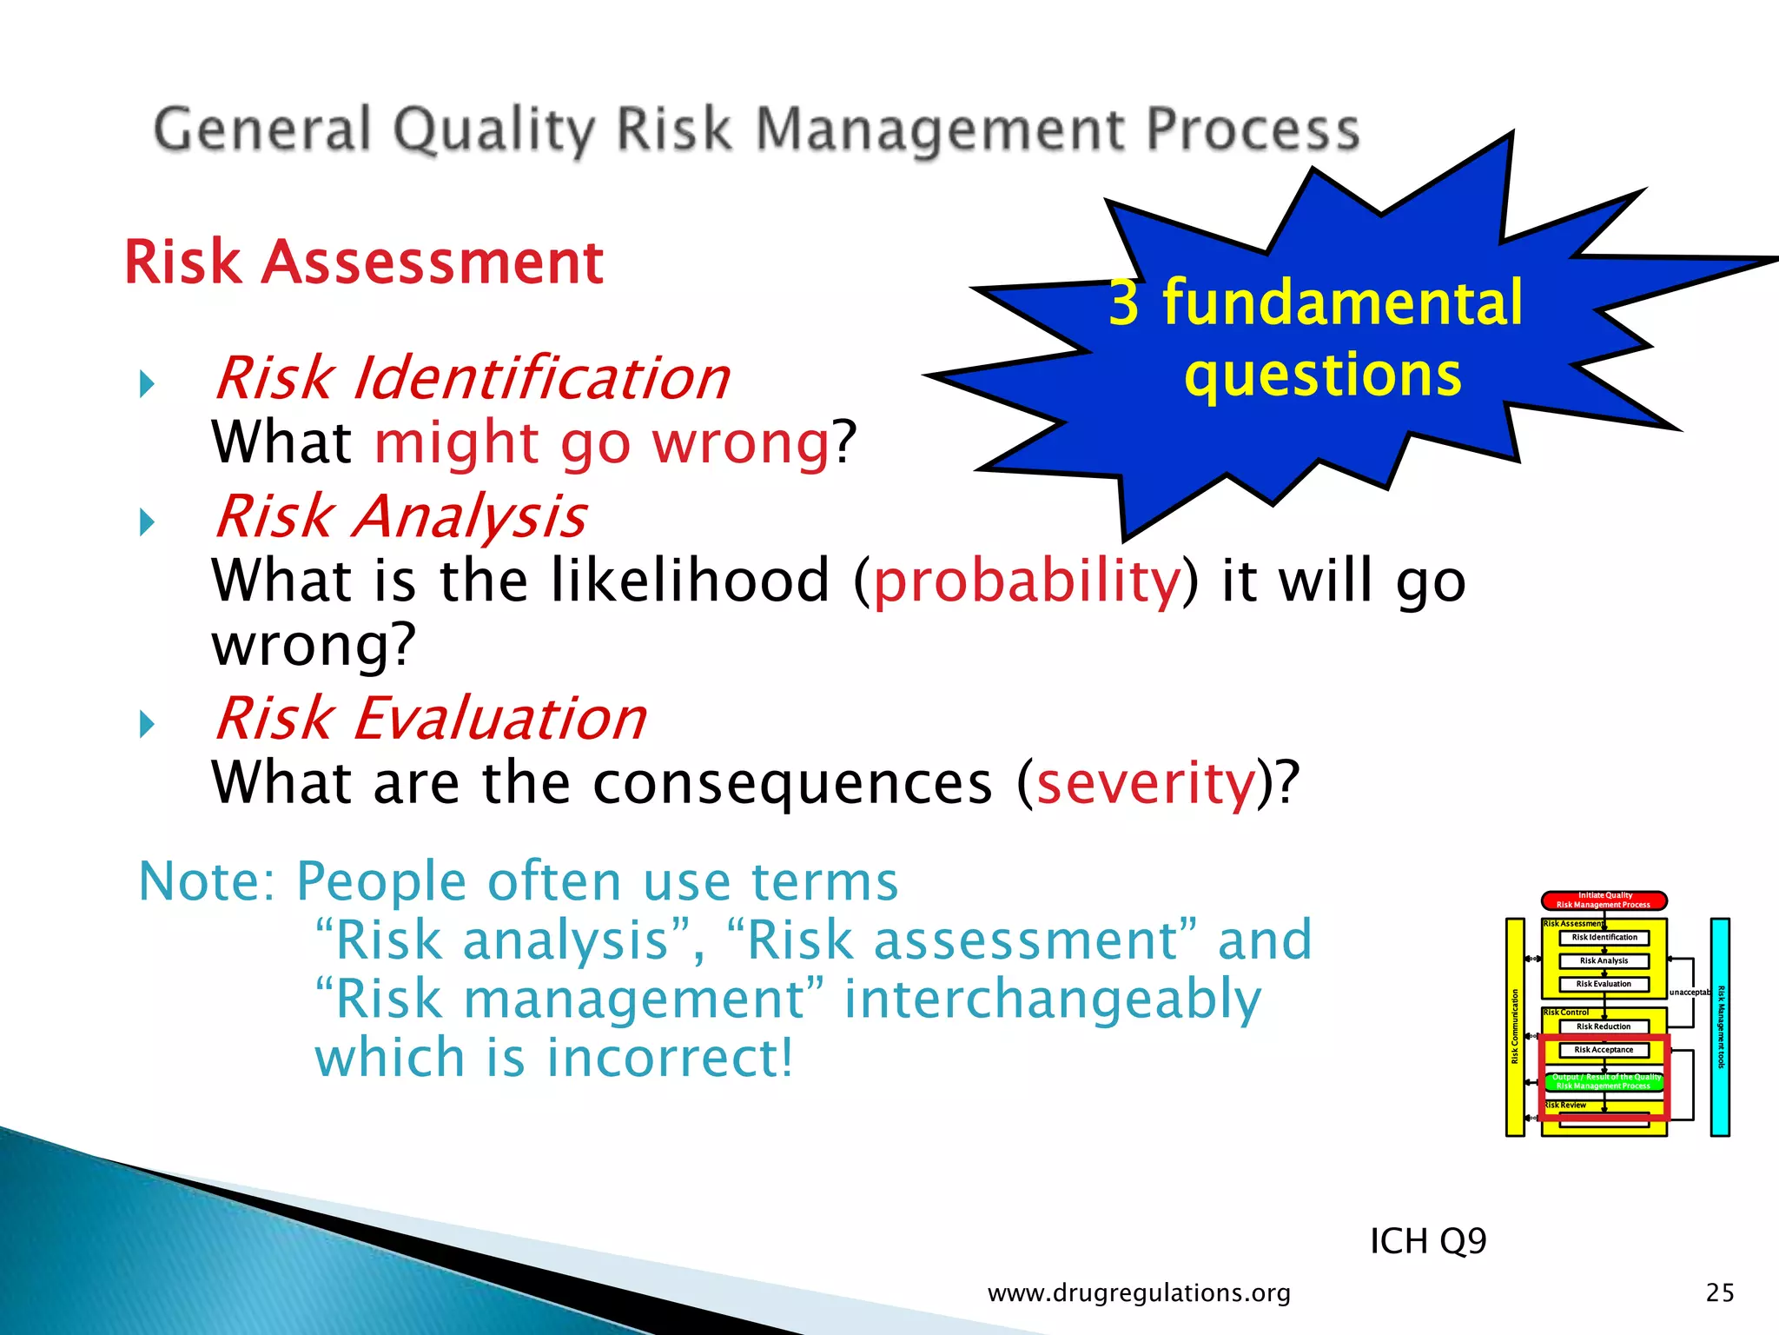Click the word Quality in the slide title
493,130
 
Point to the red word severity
1146,782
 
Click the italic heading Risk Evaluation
430,719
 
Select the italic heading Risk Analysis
400,516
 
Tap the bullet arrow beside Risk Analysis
147,522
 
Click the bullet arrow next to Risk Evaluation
147,724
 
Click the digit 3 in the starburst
1124,303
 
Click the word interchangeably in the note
1052,999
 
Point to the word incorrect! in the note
670,1058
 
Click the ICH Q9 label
1427,1241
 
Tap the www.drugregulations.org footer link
1139,1293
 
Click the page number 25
1719,1293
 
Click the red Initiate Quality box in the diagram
1604,900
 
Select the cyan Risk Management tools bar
1720,1026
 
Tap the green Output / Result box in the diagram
1604,1081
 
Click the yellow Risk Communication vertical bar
1515,1026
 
